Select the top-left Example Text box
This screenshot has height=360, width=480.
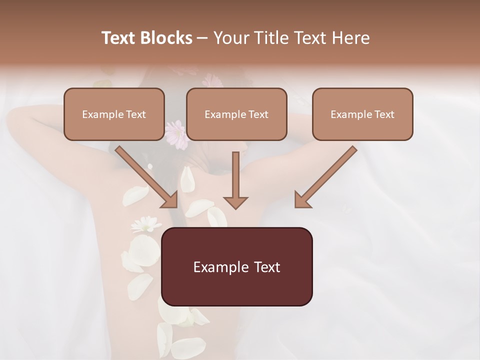pyautogui.click(x=114, y=114)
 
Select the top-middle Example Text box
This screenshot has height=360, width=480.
pyautogui.click(x=236, y=114)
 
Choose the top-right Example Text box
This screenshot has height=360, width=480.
pyautogui.click(x=362, y=114)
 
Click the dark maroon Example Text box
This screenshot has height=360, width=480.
pyautogui.click(x=236, y=266)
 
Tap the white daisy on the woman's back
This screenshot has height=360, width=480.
pyautogui.click(x=145, y=223)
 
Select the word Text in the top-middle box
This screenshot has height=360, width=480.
pyautogui.click(x=258, y=114)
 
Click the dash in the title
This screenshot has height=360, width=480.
pyautogui.click(x=202, y=38)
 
